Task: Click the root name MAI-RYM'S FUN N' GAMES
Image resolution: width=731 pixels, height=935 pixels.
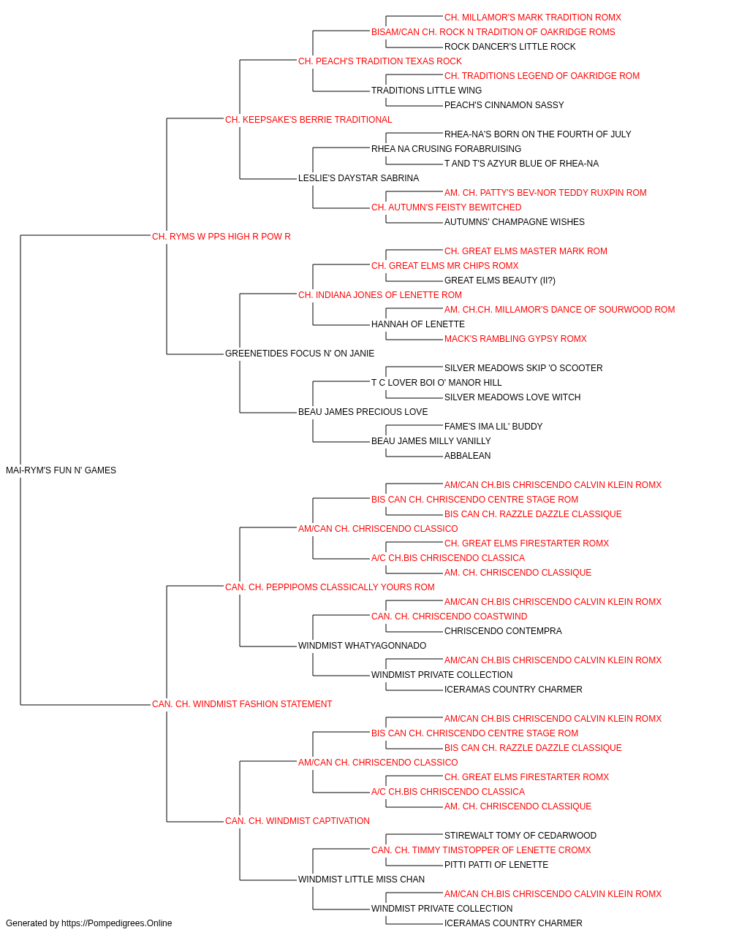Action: [61, 470]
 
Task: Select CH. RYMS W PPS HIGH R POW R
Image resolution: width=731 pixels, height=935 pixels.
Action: [221, 237]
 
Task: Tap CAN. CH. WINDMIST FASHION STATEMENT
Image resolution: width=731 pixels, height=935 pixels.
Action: [242, 704]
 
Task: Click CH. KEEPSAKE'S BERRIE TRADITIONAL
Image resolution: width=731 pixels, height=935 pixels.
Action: [308, 120]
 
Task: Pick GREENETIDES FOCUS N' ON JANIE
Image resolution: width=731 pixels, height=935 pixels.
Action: [300, 354]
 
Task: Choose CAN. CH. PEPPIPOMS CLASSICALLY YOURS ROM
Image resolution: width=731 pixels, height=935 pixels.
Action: [330, 587]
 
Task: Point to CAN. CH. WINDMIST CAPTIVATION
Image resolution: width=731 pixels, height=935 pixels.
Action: [298, 820]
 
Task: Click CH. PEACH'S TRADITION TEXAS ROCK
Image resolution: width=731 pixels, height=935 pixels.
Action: [380, 61]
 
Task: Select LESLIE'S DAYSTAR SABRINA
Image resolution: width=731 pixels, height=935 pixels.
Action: [359, 178]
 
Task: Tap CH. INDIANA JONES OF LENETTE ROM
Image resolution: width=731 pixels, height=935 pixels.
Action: [380, 294]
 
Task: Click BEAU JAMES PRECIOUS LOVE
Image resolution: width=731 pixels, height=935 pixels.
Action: [363, 412]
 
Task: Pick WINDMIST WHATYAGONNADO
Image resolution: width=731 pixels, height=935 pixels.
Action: [362, 646]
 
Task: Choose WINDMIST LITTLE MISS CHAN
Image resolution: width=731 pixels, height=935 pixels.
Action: [362, 879]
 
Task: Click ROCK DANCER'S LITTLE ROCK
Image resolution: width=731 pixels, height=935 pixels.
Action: [510, 47]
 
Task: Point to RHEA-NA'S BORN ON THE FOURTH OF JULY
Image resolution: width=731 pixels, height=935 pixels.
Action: [538, 134]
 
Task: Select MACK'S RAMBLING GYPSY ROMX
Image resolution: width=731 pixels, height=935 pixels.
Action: [515, 339]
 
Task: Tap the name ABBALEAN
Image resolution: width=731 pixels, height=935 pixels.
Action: [468, 456]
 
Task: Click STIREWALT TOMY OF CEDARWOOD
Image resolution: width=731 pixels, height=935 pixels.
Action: [520, 835]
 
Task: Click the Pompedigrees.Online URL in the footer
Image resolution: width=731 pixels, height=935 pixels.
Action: [117, 923]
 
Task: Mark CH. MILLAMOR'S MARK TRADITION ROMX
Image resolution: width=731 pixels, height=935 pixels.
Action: [533, 18]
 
